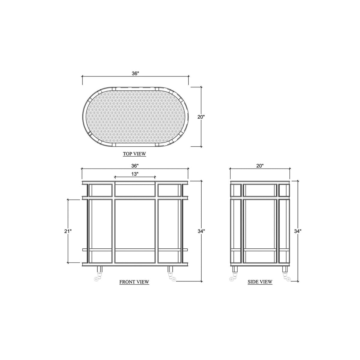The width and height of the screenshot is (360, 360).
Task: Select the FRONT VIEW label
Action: [134, 282]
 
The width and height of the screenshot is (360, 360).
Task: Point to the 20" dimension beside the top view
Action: [201, 117]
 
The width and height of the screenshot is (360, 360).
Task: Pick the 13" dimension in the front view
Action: [135, 174]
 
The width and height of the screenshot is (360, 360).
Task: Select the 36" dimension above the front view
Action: [135, 166]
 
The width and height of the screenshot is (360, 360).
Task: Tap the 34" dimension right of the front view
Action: [201, 231]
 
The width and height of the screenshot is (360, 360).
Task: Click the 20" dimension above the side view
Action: [260, 166]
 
